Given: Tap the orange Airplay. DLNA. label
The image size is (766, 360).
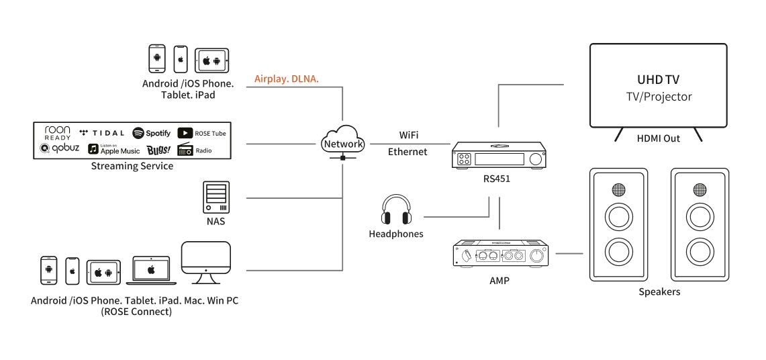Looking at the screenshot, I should [x=287, y=79].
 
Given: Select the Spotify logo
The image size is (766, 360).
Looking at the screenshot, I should [x=152, y=133].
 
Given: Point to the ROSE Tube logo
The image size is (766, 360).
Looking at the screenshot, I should [x=201, y=133].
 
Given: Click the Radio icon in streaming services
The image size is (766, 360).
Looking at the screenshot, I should [x=195, y=150].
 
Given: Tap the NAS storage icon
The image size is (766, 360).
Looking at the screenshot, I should [x=216, y=197].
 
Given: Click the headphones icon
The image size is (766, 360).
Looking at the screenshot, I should [x=396, y=210].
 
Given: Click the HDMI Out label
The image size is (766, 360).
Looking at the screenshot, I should [x=658, y=138].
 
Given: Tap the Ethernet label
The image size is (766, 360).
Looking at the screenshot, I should [x=408, y=152].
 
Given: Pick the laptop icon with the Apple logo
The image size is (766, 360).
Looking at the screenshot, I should [x=151, y=270].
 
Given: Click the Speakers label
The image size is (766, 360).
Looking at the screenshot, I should [x=659, y=291].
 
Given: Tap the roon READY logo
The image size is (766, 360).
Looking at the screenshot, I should [x=58, y=132].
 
